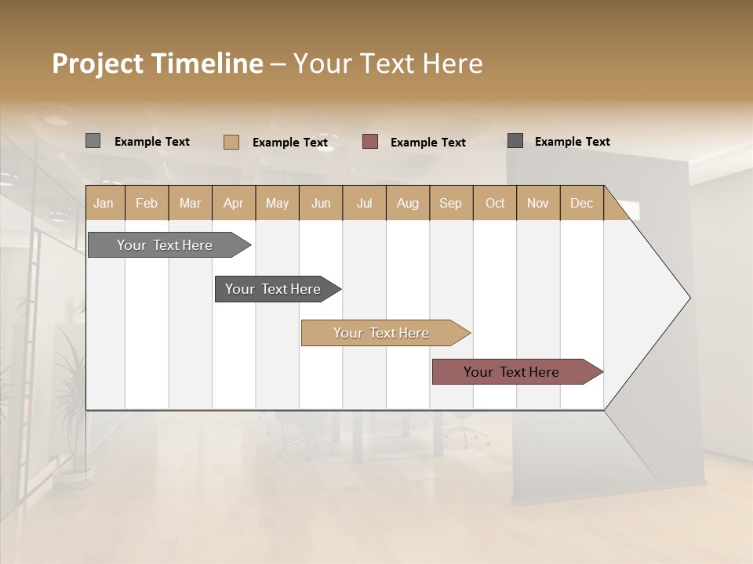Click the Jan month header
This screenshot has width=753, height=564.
[x=104, y=203]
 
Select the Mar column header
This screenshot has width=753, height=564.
[x=190, y=203]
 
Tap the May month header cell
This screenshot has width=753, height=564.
[x=277, y=203]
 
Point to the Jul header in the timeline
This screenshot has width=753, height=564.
[x=364, y=203]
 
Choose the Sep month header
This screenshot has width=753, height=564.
[x=450, y=203]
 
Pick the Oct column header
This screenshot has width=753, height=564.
[x=494, y=203]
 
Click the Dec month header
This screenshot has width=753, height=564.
[x=581, y=203]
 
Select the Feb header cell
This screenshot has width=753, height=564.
[x=147, y=203]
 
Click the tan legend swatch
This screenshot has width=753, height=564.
[x=231, y=142]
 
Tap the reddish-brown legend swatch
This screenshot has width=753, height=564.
[x=370, y=141]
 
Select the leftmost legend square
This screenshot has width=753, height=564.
[x=93, y=141]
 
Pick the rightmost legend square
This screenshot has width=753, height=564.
[x=515, y=140]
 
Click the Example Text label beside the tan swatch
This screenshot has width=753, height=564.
[x=289, y=143]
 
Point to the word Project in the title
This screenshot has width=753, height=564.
[x=97, y=63]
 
